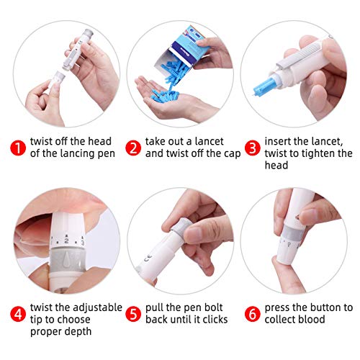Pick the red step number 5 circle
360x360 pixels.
(133, 313)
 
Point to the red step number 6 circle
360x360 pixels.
(251, 313)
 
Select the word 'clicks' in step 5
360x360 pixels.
(212, 319)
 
